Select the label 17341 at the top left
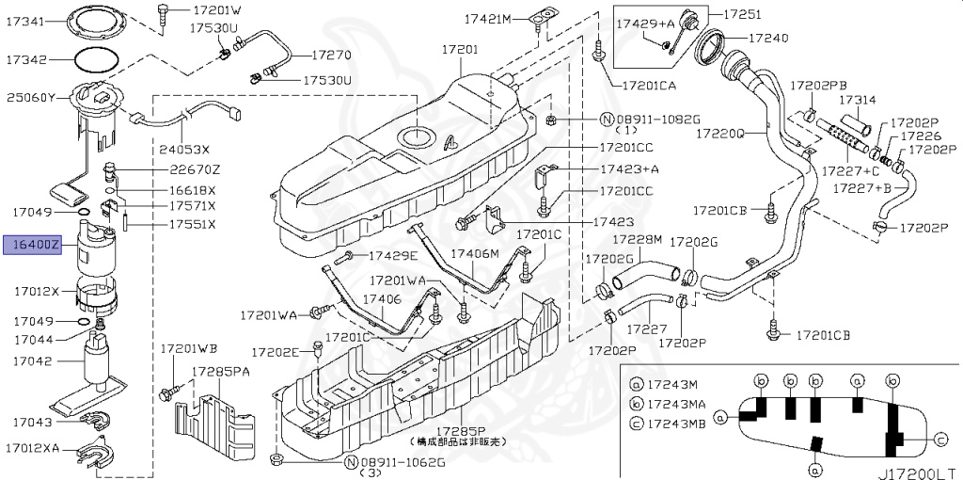click(26, 21)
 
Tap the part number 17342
click(26, 59)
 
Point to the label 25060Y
click(31, 96)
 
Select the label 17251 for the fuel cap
click(742, 15)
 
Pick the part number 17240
click(768, 39)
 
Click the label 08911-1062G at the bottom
click(403, 462)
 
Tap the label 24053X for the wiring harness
click(184, 149)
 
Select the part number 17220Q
click(719, 134)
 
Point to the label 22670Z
click(195, 169)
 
